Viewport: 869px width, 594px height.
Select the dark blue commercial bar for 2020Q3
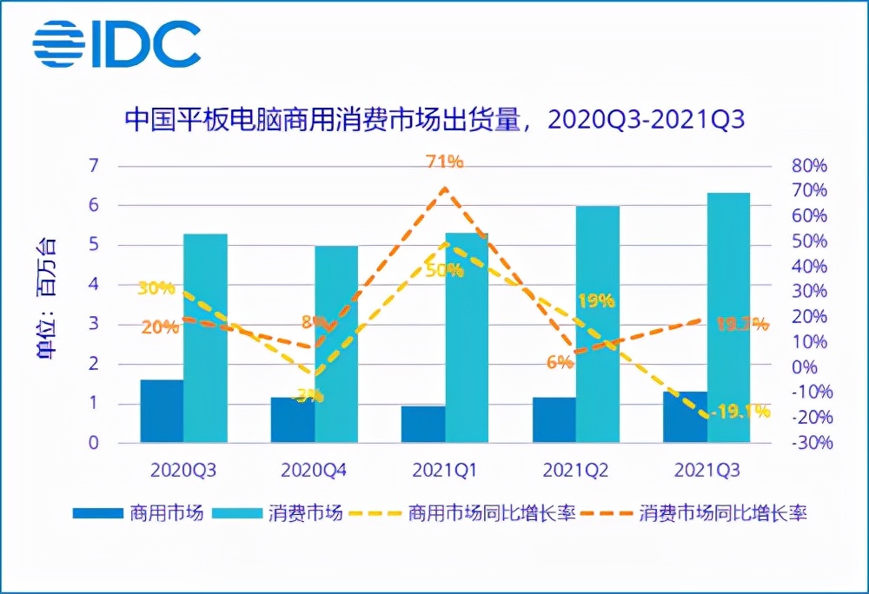click(x=162, y=412)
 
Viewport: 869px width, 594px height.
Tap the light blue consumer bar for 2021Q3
click(x=728, y=318)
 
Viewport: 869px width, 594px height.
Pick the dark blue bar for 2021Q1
click(x=423, y=425)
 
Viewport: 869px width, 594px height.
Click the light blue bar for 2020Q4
click(x=336, y=345)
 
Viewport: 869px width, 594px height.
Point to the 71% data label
click(x=445, y=162)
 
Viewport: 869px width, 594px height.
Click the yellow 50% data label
click(x=445, y=270)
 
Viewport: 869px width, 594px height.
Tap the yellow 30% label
click(x=156, y=288)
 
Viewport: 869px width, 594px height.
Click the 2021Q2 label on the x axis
click(x=575, y=471)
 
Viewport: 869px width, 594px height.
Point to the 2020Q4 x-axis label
click(x=314, y=471)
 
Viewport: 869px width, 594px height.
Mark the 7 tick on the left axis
click(x=94, y=166)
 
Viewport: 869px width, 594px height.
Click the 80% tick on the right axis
click(x=808, y=166)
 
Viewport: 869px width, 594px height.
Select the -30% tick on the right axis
click(x=808, y=443)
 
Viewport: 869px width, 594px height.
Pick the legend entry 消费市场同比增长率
click(x=722, y=513)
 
